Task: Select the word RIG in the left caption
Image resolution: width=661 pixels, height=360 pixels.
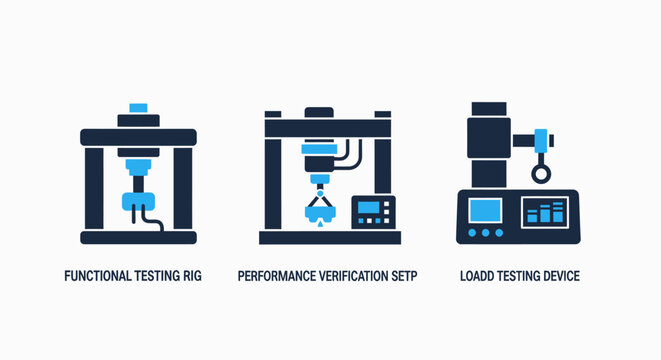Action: coord(191,275)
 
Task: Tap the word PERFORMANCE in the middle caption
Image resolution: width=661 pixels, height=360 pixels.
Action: coord(278,275)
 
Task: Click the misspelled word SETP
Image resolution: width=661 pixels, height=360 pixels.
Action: coord(401,275)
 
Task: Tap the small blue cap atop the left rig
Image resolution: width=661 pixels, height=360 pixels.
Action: coord(138,106)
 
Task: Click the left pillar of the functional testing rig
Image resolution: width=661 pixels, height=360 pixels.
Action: coord(93,190)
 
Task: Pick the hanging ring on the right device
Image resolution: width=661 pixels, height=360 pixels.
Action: coord(540,174)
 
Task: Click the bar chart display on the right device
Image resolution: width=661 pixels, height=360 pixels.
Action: coord(545,211)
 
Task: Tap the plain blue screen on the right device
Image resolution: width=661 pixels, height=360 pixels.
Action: coord(485,211)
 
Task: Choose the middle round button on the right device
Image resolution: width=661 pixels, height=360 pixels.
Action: coord(486,233)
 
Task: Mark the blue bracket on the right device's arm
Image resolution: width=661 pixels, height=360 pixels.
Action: coord(541,140)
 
